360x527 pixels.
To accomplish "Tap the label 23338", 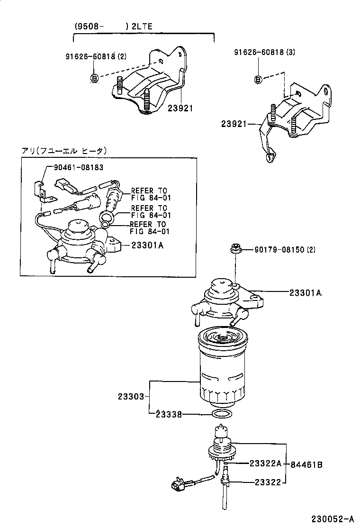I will coord(168,414).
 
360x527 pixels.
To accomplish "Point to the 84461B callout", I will coord(306,464).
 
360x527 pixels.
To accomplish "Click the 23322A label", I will coord(265,463).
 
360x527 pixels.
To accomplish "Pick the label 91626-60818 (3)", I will coord(264,52).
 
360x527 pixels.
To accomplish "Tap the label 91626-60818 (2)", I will coord(96,57).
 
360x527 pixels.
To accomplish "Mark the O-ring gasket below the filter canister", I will coord(222,415).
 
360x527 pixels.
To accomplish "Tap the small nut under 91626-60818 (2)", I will coord(94,78).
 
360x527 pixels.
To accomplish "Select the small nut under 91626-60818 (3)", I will coord(258,79).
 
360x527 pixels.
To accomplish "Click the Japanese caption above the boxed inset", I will coord(64,150).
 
